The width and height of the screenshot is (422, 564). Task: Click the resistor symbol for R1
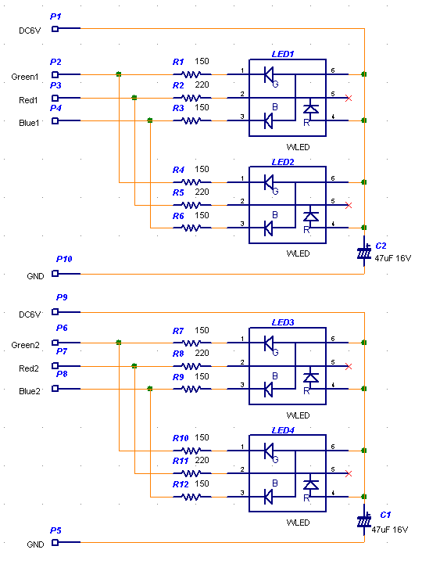(x=192, y=74)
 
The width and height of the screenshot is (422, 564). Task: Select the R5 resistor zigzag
(x=192, y=206)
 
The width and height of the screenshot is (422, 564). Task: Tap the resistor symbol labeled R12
(x=192, y=497)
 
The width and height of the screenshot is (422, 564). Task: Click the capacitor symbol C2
(x=364, y=252)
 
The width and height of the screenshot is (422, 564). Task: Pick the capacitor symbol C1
(x=364, y=520)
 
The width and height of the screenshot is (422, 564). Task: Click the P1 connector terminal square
(x=55, y=29)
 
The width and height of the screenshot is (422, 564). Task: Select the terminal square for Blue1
(x=55, y=120)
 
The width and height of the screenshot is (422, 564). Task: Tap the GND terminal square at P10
(x=55, y=274)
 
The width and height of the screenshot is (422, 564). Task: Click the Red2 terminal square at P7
(x=55, y=366)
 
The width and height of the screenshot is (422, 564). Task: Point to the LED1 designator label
(x=283, y=54)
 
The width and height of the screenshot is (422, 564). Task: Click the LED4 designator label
(x=283, y=430)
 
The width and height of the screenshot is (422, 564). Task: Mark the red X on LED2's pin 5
(x=349, y=206)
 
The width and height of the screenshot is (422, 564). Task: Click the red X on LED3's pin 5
(x=349, y=367)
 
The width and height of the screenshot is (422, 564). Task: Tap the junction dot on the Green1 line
(x=119, y=74)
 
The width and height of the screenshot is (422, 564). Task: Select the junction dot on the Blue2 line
(x=150, y=389)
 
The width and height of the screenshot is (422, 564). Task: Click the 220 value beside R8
(x=202, y=354)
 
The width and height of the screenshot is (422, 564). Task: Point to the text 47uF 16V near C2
(x=392, y=258)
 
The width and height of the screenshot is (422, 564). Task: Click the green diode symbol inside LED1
(x=269, y=75)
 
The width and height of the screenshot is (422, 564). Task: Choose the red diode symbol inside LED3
(x=311, y=378)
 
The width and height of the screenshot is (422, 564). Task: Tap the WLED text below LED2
(x=298, y=253)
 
